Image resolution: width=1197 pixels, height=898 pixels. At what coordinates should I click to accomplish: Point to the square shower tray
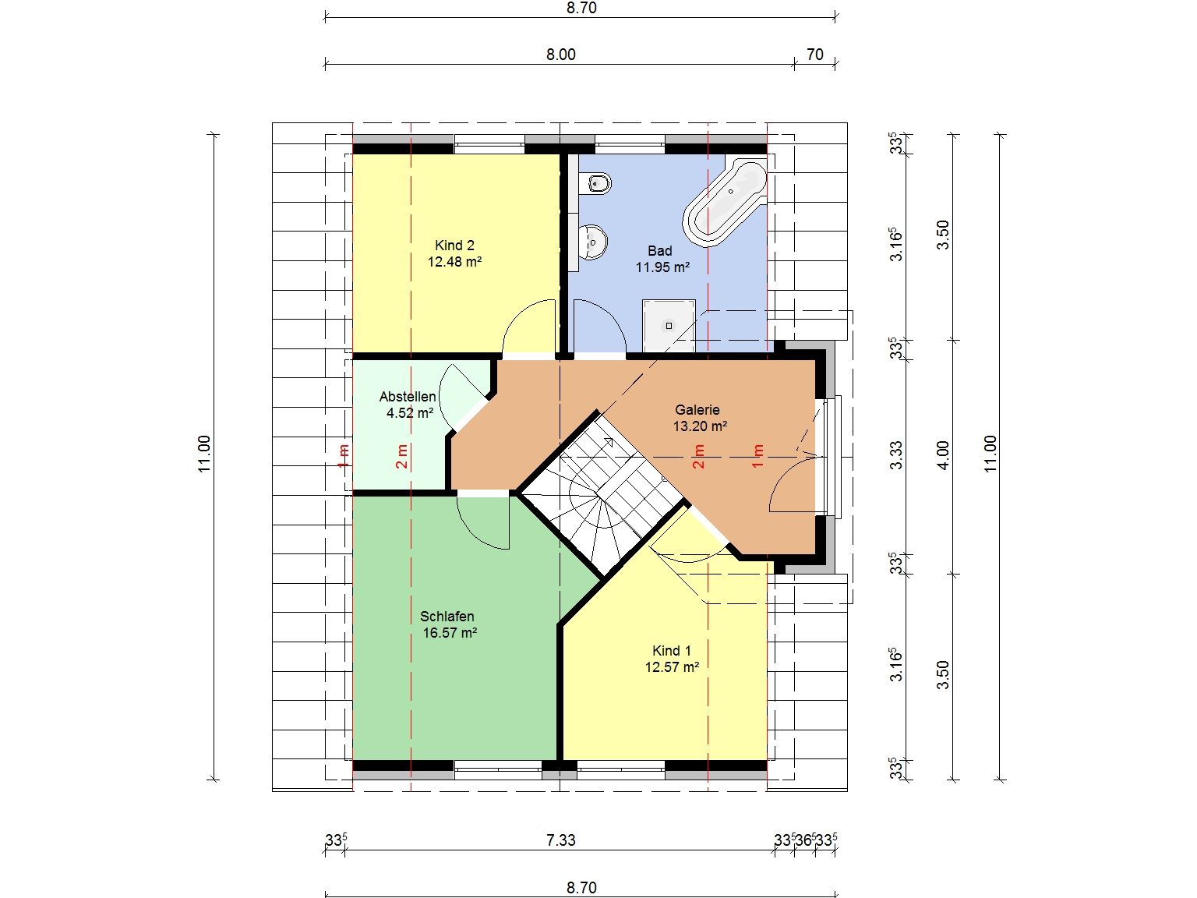(669, 326)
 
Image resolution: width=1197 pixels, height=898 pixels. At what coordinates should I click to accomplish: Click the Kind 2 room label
(454, 246)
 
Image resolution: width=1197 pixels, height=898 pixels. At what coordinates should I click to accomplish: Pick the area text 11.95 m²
(662, 267)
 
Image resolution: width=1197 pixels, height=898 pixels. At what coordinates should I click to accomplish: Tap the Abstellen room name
(408, 397)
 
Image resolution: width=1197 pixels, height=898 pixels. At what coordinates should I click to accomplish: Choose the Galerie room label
(697, 409)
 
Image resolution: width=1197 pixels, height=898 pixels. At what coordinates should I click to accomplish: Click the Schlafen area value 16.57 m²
(450, 632)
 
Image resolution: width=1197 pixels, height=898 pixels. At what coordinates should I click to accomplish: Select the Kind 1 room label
(671, 650)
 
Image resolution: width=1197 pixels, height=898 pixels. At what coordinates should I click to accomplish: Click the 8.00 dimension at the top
(560, 55)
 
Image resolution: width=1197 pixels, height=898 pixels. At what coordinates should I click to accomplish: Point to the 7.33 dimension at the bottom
(560, 840)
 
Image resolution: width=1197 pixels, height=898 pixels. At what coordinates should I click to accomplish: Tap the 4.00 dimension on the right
(943, 455)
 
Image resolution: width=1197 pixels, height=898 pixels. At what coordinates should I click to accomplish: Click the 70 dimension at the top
(814, 55)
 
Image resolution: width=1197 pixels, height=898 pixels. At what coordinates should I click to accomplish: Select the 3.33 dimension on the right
(896, 455)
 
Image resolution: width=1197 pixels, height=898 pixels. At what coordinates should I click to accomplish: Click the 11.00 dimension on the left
(204, 454)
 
